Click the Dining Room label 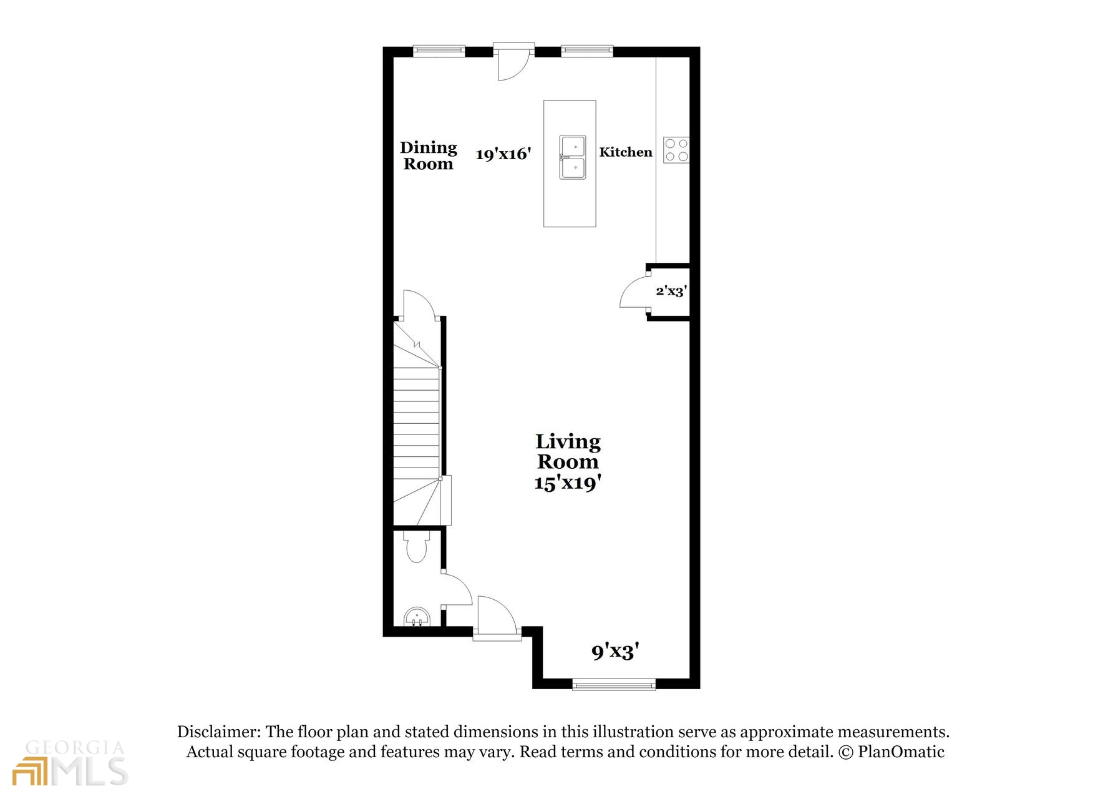(x=428, y=155)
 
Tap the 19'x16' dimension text (x=503, y=154)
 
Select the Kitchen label (x=625, y=152)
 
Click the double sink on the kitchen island (x=572, y=157)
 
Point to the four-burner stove (x=676, y=150)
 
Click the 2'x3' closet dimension (x=671, y=290)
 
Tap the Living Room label (x=568, y=451)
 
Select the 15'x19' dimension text (x=567, y=483)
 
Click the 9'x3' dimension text (x=615, y=652)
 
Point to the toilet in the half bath (x=416, y=547)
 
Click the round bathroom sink (x=417, y=617)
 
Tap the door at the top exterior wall (x=513, y=62)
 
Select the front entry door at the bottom (x=497, y=618)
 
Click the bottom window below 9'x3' (x=614, y=685)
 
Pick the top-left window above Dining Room (x=439, y=51)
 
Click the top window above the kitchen (x=586, y=51)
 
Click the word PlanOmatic (x=901, y=752)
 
